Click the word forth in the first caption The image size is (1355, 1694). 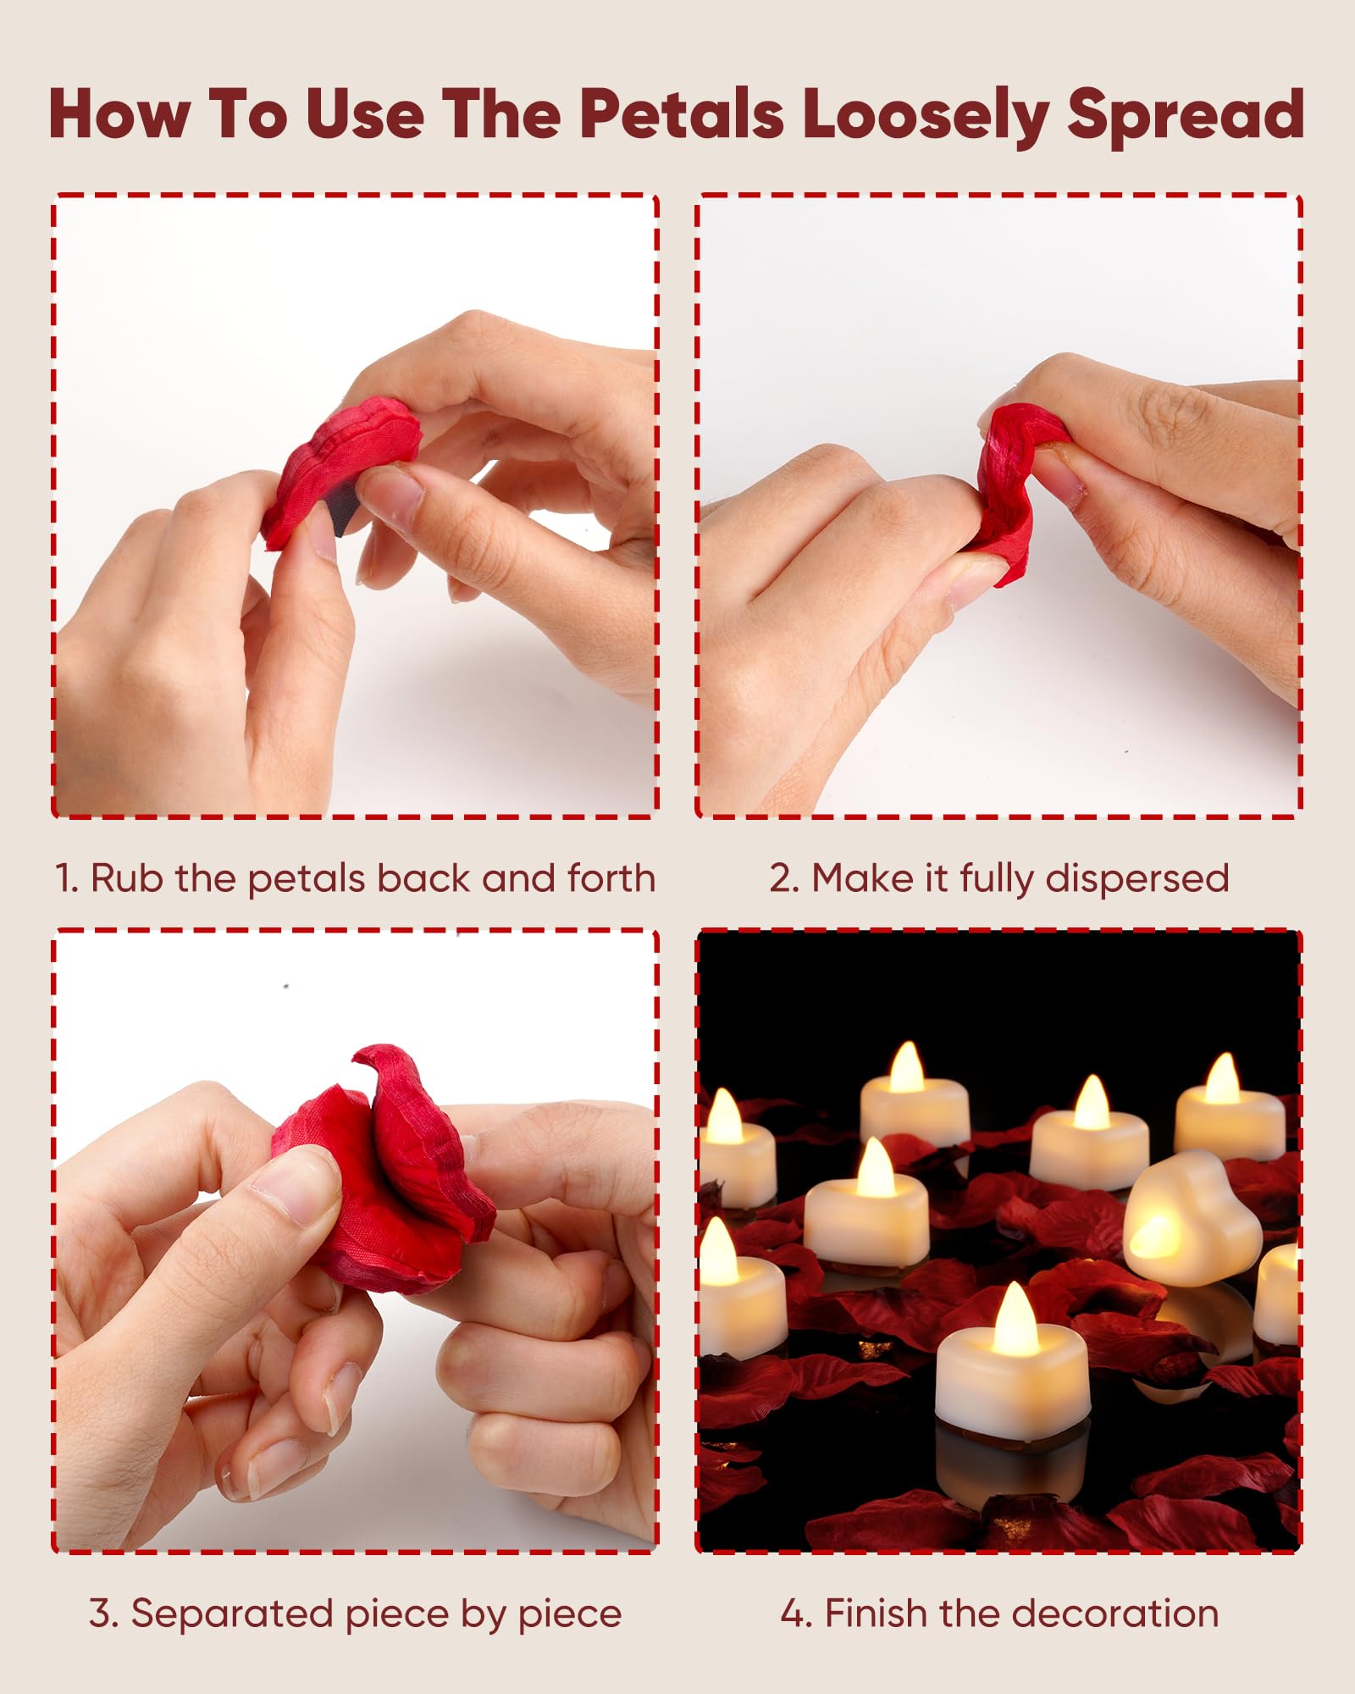click(x=611, y=878)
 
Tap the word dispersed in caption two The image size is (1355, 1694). click(x=1137, y=879)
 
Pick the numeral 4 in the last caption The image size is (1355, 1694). click(x=793, y=1614)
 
